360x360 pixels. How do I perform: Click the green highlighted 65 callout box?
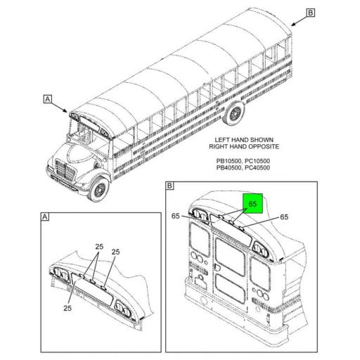pyautogui.click(x=252, y=203)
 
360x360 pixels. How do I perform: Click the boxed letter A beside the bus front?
pyautogui.click(x=48, y=99)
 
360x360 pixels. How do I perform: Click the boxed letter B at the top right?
pyautogui.click(x=311, y=13)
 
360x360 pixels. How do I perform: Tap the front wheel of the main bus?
pyautogui.click(x=99, y=188)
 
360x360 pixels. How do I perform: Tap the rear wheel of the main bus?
pyautogui.click(x=234, y=114)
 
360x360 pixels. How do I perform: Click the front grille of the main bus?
pyautogui.click(x=64, y=170)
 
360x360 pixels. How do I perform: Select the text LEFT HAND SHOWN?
pyautogui.click(x=244, y=140)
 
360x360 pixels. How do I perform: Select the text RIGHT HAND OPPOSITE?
pyautogui.click(x=244, y=146)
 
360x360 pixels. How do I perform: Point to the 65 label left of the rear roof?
pyautogui.click(x=176, y=216)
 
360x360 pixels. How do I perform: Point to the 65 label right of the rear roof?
pyautogui.click(x=284, y=217)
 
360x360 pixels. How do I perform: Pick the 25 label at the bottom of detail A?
pyautogui.click(x=67, y=308)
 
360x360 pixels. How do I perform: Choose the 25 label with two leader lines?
pyautogui.click(x=99, y=247)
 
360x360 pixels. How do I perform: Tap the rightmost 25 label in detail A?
pyautogui.click(x=115, y=252)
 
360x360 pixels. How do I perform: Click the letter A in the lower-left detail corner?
pyautogui.click(x=45, y=217)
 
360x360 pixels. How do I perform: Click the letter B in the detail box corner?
pyautogui.click(x=169, y=186)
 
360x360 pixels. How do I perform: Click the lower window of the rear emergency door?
pyautogui.click(x=231, y=288)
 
